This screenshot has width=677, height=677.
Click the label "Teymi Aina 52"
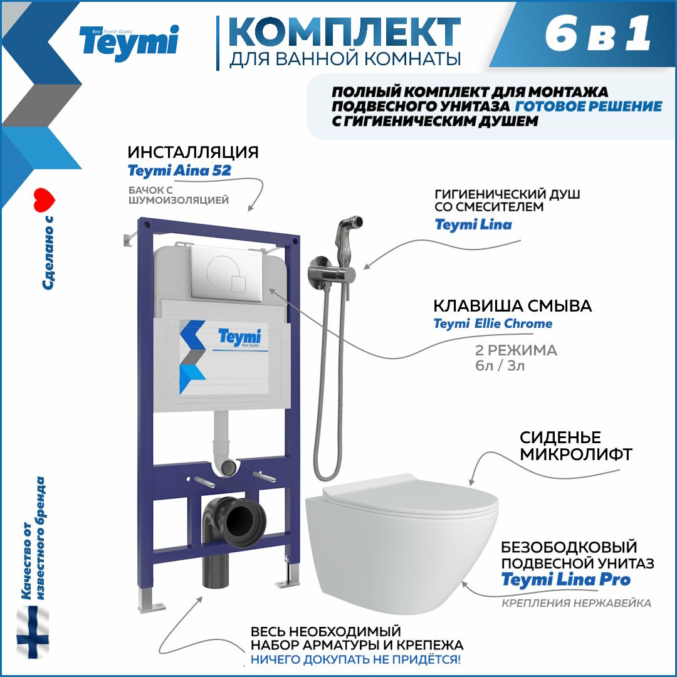click(179, 171)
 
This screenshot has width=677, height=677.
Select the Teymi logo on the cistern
click(239, 337)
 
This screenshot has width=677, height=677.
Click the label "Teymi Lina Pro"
click(565, 580)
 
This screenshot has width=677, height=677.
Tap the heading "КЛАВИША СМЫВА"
click(513, 307)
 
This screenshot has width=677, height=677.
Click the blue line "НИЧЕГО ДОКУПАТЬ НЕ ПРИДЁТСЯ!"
click(355, 659)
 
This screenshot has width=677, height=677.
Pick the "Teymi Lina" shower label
click(473, 224)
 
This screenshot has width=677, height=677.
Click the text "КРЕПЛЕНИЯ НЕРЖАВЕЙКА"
click(575, 603)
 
